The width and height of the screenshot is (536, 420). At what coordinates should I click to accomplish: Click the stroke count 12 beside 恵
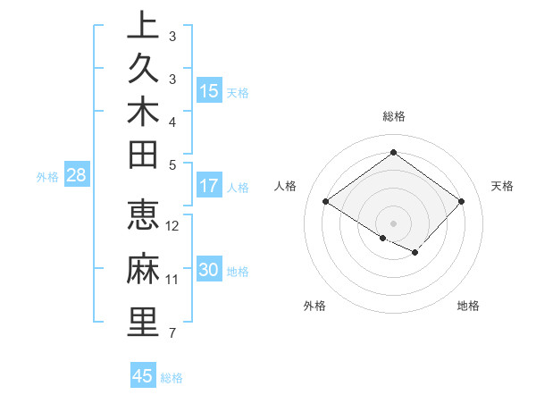click(x=173, y=226)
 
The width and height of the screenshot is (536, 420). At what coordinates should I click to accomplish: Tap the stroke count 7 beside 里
click(x=172, y=333)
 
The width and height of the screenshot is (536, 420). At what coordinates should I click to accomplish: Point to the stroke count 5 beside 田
click(x=172, y=164)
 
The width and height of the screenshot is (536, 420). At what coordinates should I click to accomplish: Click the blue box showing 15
click(x=209, y=91)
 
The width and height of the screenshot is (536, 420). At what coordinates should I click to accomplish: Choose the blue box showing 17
click(x=209, y=187)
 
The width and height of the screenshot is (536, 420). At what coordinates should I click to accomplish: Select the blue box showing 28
click(x=77, y=176)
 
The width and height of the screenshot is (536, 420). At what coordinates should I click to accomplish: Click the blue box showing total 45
click(x=143, y=376)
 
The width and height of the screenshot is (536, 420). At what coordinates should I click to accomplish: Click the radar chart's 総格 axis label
click(x=394, y=116)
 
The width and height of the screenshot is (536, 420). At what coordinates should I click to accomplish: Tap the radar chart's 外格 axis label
click(x=314, y=306)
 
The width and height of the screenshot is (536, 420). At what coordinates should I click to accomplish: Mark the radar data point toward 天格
click(x=461, y=202)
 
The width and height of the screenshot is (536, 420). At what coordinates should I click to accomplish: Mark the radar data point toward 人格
click(x=325, y=202)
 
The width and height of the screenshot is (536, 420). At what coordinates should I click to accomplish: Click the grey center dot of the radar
click(x=393, y=223)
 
